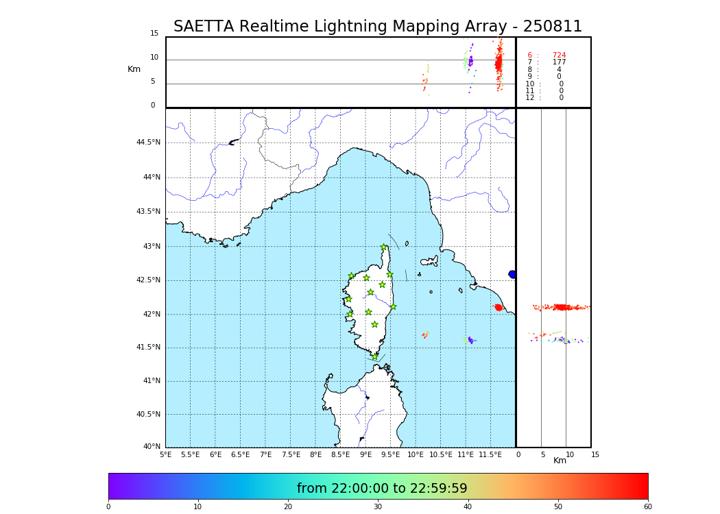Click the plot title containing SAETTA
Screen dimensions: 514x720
tap(377, 27)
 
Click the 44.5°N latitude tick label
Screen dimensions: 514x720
tap(148, 143)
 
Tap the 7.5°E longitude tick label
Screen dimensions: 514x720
tap(291, 454)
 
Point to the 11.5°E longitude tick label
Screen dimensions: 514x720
tap(490, 454)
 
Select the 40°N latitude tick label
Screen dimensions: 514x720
tap(151, 447)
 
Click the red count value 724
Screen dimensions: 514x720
tap(559, 56)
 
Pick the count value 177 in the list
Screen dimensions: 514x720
tap(559, 62)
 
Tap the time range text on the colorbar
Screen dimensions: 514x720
tap(382, 489)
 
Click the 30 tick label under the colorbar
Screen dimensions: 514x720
tap(378, 506)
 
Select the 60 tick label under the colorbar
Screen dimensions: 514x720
tap(647, 506)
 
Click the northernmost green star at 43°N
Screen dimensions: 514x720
tap(384, 247)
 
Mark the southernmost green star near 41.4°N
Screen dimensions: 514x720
tap(374, 356)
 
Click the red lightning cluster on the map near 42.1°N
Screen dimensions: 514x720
tap(499, 307)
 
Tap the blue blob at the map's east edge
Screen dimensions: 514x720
tap(512, 274)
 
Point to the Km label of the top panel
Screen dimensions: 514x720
tap(134, 69)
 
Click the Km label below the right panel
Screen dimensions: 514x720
tap(560, 461)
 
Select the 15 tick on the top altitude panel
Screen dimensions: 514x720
tap(154, 34)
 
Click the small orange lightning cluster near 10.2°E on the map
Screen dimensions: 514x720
tap(425, 334)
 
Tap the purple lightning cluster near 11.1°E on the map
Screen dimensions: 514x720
tap(470, 340)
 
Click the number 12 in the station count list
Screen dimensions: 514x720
tap(529, 98)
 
